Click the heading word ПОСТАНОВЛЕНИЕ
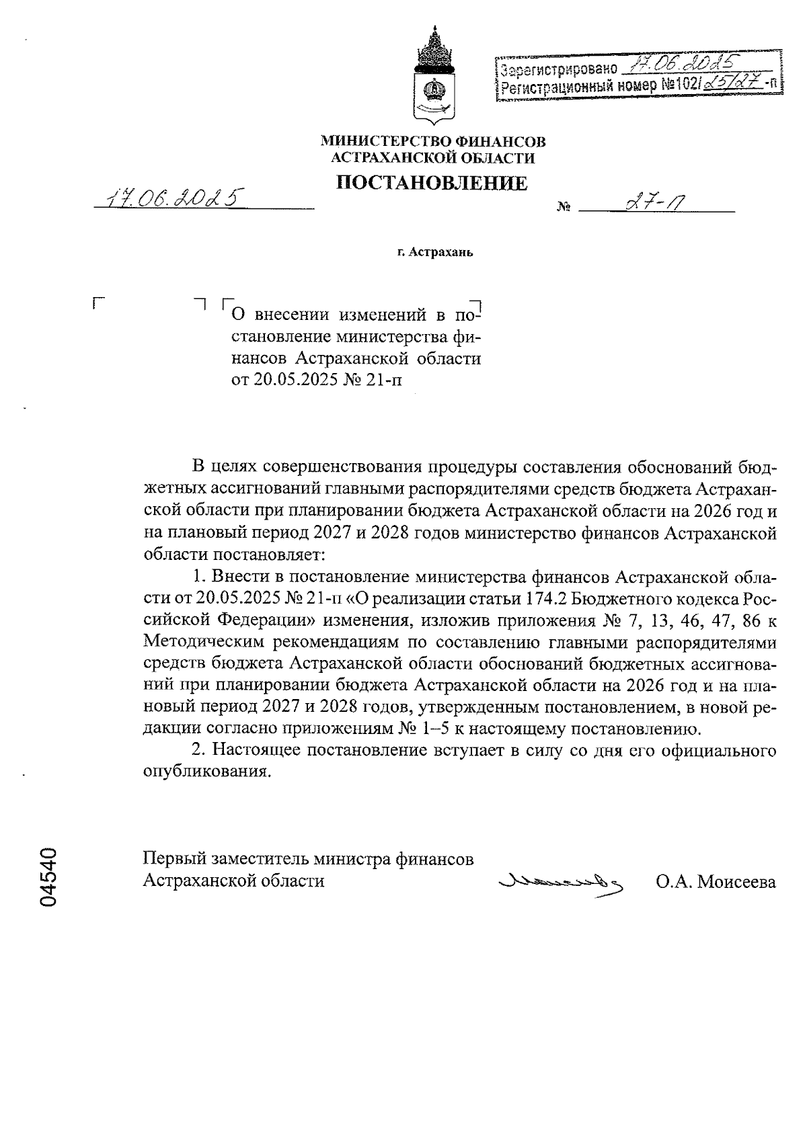click(432, 182)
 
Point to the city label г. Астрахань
click(435, 253)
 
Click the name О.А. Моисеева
click(716, 882)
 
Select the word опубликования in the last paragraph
click(206, 771)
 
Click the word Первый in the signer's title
click(175, 859)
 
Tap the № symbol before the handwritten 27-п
click(563, 208)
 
